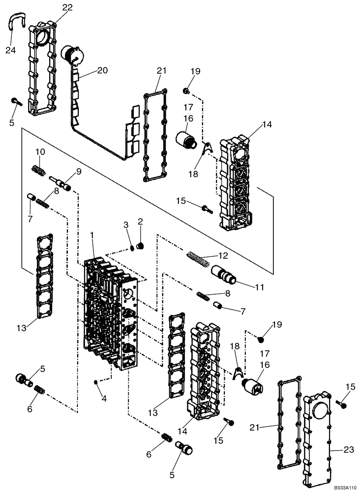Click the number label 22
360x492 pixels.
[67, 7]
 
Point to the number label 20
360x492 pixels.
[102, 70]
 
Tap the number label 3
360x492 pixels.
[126, 225]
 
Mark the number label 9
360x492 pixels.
[79, 172]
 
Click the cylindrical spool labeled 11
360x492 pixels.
[224, 274]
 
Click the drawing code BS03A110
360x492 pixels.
[343, 487]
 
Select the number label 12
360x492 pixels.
[223, 255]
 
